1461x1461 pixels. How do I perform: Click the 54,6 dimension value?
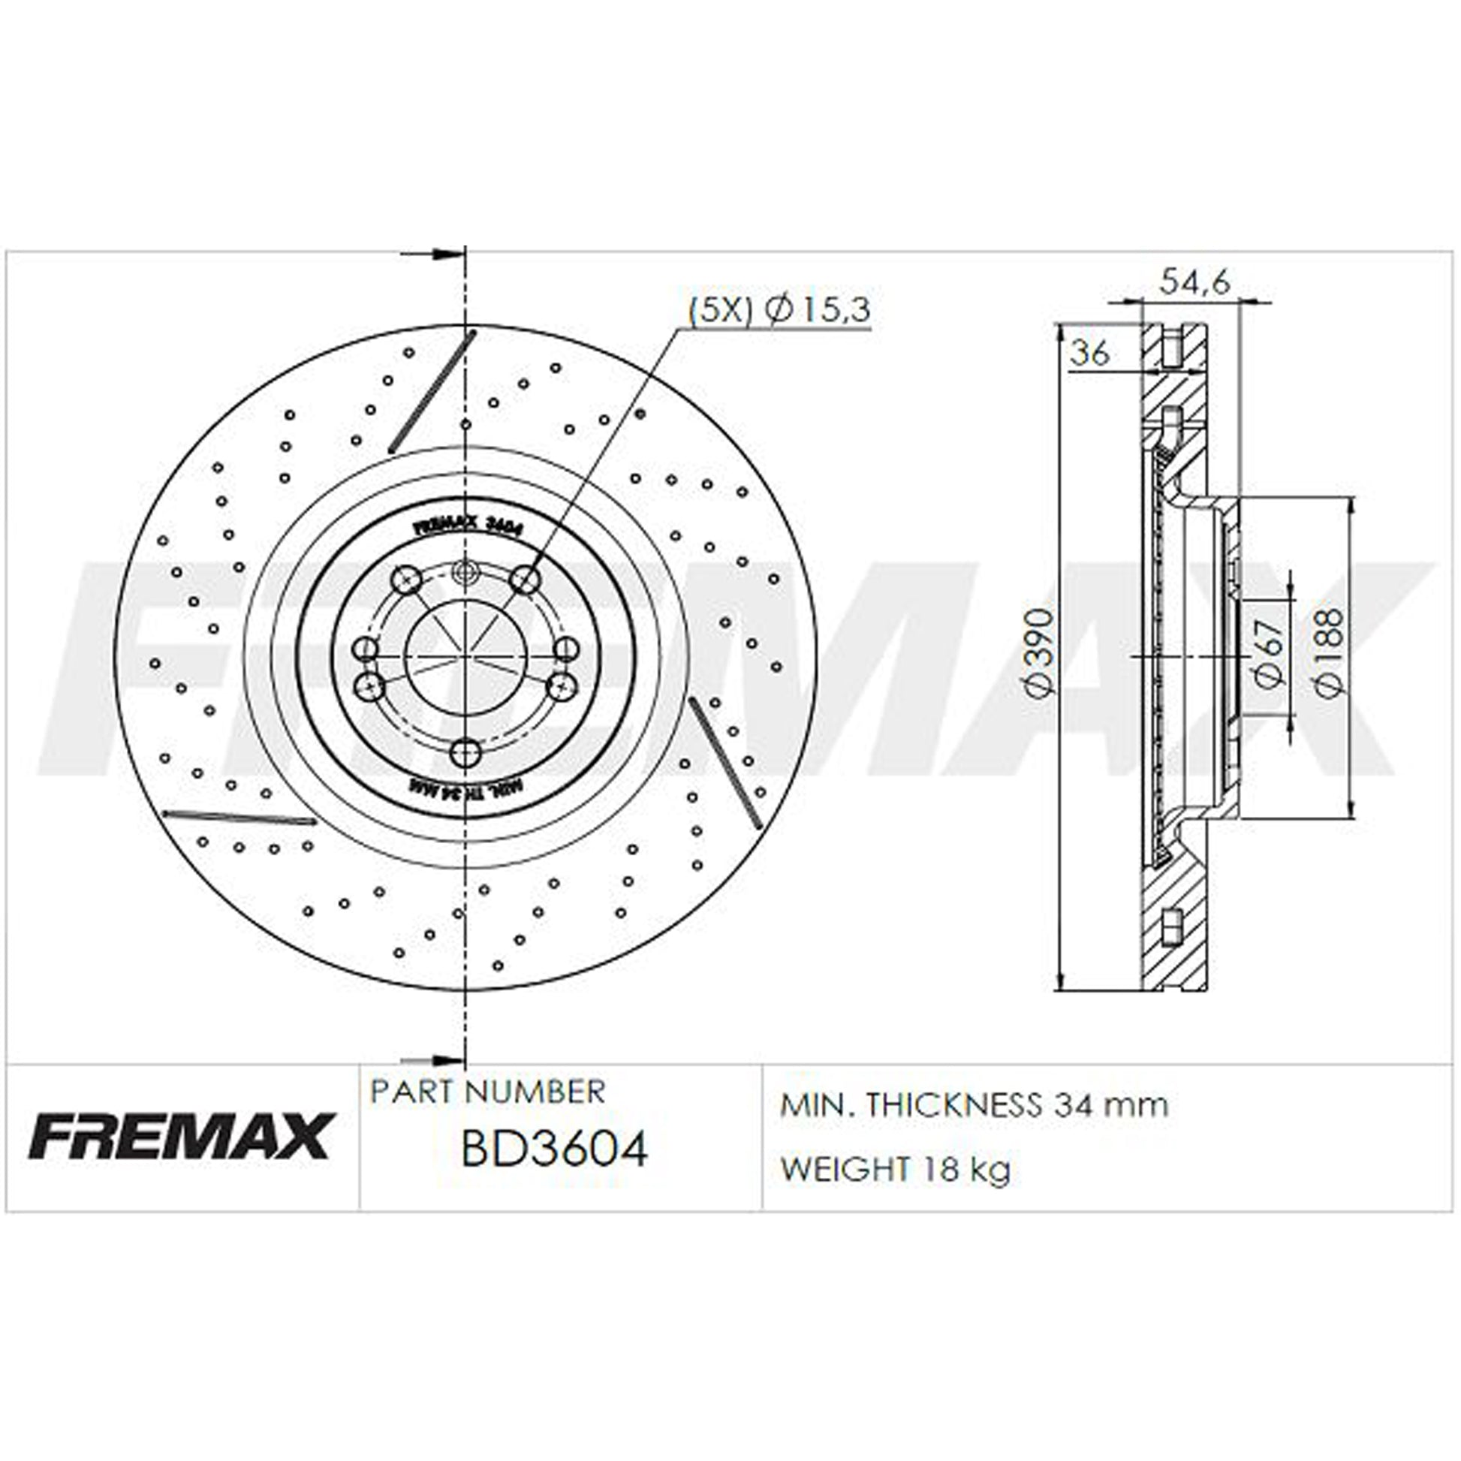(x=1194, y=283)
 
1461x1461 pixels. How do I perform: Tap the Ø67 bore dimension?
(x=1270, y=652)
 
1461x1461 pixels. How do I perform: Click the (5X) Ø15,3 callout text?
(x=779, y=310)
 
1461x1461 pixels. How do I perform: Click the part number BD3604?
(x=554, y=1149)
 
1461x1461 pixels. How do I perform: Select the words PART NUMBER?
(x=488, y=1092)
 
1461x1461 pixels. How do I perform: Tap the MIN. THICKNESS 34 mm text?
(x=973, y=1106)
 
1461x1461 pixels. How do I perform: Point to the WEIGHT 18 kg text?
(x=896, y=1170)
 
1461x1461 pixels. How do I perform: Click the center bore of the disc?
(x=465, y=658)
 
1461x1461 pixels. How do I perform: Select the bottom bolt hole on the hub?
(x=465, y=753)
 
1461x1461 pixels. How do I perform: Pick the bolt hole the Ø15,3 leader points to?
(x=524, y=581)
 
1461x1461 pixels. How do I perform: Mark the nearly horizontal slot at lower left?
(x=239, y=817)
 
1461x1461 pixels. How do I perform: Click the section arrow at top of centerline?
(x=432, y=254)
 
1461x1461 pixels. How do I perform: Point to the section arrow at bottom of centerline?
(x=432, y=1062)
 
